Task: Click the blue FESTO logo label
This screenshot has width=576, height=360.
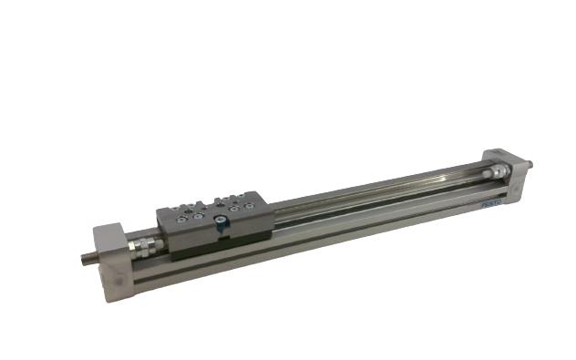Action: pos(491,205)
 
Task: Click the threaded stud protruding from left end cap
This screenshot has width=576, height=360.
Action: pos(89,258)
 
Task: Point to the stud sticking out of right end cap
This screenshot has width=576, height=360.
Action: pos(530,164)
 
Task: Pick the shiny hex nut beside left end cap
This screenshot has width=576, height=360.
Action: pos(143,246)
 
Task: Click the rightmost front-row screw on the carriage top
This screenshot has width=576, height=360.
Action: pos(248,207)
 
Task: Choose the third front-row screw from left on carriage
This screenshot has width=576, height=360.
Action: pos(235,209)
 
